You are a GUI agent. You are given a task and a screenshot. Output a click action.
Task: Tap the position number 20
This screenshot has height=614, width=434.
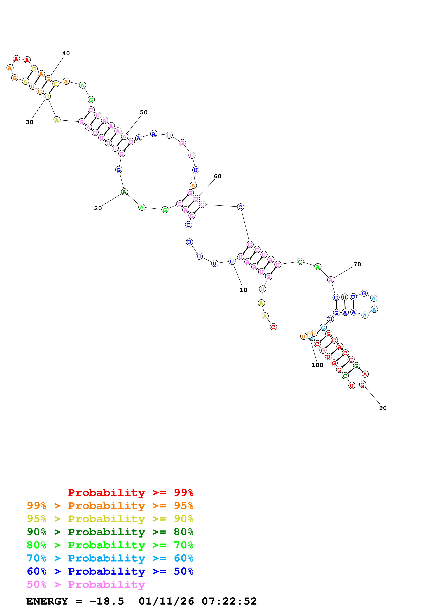pyautogui.click(x=98, y=208)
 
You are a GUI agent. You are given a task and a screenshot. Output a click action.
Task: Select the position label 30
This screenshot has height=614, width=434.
pyautogui.click(x=29, y=122)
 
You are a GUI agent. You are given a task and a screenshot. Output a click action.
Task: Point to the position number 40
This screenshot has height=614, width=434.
pyautogui.click(x=66, y=54)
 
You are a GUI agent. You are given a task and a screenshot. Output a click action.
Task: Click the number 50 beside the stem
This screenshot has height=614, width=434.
pyautogui.click(x=144, y=112)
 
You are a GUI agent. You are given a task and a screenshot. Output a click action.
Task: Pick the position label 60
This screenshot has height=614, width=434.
pyautogui.click(x=218, y=176)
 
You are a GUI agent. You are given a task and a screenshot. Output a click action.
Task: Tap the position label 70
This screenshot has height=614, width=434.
pyautogui.click(x=357, y=264)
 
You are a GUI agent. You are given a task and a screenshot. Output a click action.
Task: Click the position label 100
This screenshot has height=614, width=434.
pyautogui.click(x=317, y=365)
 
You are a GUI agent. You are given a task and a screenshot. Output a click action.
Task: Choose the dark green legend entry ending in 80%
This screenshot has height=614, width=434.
pyautogui.click(x=110, y=532)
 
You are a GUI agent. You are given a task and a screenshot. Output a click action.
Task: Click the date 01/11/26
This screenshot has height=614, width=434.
pyautogui.click(x=166, y=601)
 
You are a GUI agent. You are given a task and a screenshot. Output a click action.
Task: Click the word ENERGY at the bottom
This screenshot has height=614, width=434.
pyautogui.click(x=47, y=601)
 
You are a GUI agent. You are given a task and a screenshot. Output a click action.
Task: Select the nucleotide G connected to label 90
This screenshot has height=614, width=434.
pyautogui.click(x=363, y=385)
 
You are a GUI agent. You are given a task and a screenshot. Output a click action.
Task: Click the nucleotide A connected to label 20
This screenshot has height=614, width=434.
pyautogui.click(x=124, y=192)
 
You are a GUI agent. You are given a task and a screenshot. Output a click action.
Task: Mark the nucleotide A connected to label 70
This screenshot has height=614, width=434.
pyautogui.click(x=331, y=280)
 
